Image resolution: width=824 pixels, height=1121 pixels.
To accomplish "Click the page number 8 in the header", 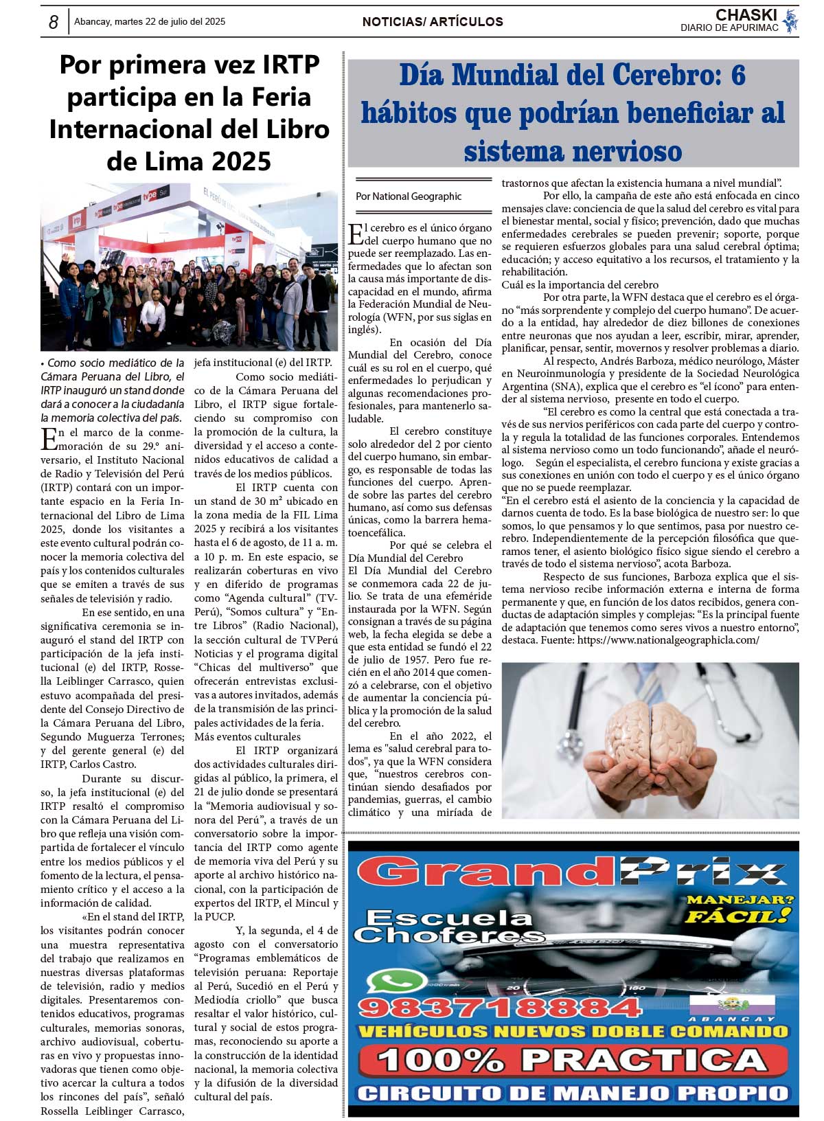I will coord(53,22).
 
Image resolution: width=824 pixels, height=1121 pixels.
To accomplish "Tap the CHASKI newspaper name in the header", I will coord(746,15).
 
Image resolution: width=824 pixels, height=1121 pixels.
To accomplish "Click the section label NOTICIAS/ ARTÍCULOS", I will coord(433,22).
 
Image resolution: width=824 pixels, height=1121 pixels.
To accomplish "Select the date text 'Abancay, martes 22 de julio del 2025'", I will coord(150,22).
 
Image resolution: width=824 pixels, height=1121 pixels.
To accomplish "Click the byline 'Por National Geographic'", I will coord(409,196).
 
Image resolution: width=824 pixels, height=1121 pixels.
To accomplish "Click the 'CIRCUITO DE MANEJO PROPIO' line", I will coord(573,1093).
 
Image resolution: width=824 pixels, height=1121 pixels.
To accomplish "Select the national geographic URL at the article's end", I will coord(668,640).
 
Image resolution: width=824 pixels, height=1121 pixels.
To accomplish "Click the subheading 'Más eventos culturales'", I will coord(238,737).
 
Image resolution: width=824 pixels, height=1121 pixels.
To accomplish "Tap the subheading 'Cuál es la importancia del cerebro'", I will coord(580,285).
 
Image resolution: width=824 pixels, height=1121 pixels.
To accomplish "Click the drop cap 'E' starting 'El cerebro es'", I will coord(356,234).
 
